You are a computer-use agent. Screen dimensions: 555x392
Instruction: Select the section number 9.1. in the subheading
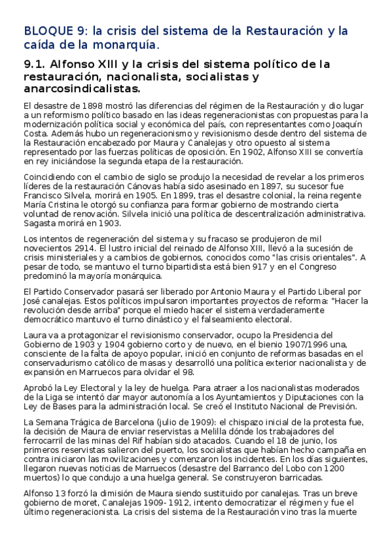pos(35,64)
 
